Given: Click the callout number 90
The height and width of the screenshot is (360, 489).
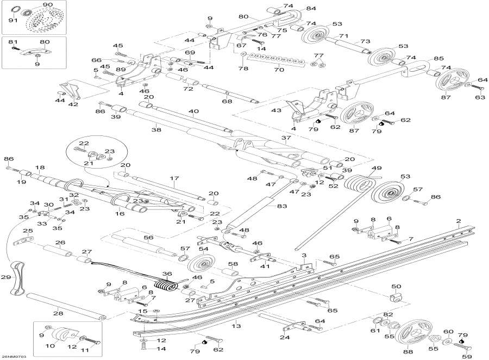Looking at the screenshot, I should [48, 5].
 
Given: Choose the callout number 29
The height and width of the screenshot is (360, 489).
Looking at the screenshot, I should [6, 277].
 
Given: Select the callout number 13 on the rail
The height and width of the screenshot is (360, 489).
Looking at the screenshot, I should [235, 326].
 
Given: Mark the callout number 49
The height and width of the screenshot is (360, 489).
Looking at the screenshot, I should [376, 168].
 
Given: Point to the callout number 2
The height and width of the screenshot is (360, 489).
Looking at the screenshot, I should [459, 221].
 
